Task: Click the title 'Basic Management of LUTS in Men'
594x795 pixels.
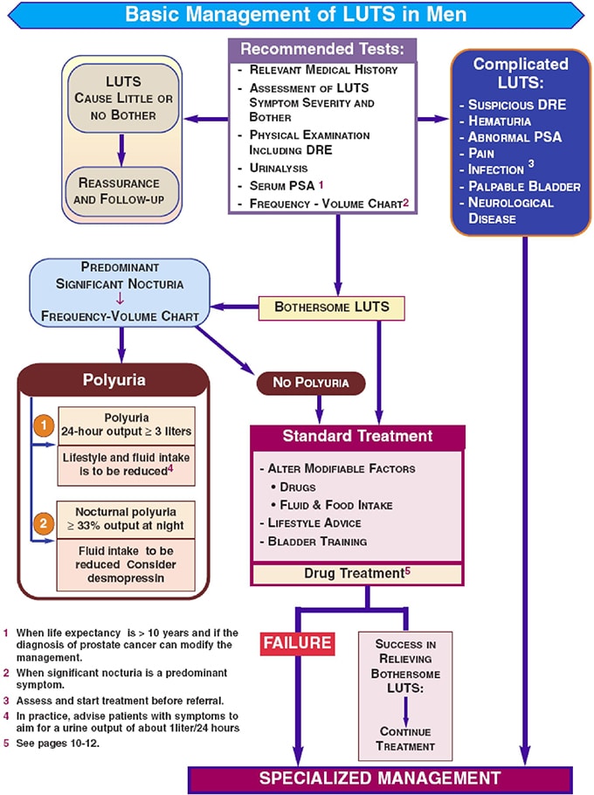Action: click(295, 14)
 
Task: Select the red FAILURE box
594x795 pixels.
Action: click(297, 643)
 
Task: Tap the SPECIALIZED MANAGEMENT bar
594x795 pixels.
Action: click(381, 777)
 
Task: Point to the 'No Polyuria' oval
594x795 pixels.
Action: click(310, 383)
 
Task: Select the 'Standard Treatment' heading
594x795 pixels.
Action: click(357, 436)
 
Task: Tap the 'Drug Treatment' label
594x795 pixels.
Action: click(357, 573)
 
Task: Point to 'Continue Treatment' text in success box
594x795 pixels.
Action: click(405, 738)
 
